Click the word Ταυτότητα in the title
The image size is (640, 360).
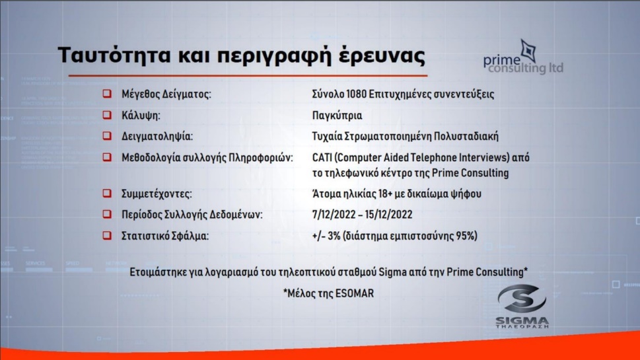[x=114, y=55]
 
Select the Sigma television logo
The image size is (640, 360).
[x=522, y=306]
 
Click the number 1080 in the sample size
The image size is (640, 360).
[x=356, y=94]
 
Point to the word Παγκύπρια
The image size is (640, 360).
[x=337, y=116]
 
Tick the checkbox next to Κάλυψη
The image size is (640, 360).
[x=107, y=115]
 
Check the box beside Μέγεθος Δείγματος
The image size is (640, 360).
[x=107, y=94]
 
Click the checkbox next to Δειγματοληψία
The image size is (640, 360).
[x=107, y=136]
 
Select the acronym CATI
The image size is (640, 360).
[x=322, y=158]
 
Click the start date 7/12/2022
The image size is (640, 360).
[x=334, y=215]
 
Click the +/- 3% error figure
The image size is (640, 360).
[x=326, y=236]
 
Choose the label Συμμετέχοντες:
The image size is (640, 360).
[x=157, y=194]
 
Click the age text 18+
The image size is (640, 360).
[x=386, y=194]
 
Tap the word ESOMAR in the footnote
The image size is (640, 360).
[x=354, y=293]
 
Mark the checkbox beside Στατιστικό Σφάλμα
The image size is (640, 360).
[x=107, y=236]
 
